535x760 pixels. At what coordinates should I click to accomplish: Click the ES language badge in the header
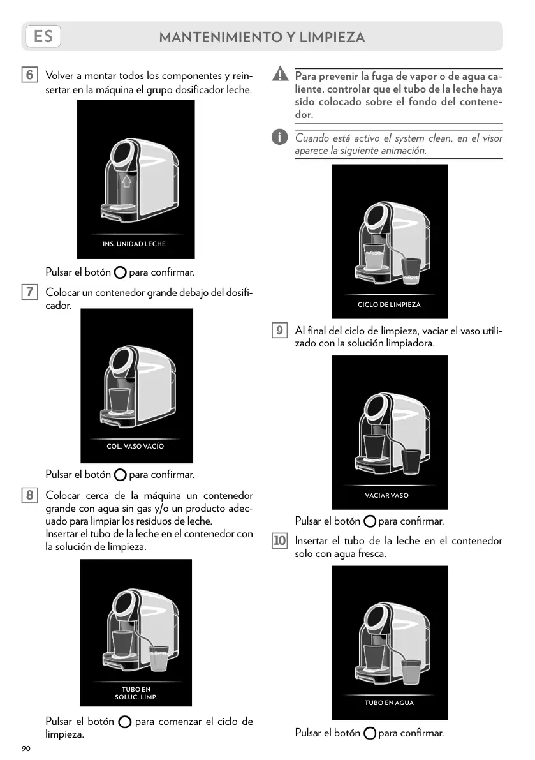(43, 36)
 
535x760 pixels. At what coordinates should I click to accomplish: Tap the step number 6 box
(29, 75)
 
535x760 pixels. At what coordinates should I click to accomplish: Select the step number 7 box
(29, 292)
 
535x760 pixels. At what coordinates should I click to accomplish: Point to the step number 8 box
(29, 495)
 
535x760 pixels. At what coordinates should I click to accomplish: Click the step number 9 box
(279, 331)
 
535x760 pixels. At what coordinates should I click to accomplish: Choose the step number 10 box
(279, 541)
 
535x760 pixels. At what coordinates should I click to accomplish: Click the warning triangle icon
(279, 75)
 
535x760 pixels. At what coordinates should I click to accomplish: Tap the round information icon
(279, 137)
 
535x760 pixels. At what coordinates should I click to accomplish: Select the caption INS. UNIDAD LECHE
(134, 244)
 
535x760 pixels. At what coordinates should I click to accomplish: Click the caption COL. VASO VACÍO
(135, 446)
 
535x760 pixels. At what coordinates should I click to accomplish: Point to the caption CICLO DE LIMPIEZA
(389, 304)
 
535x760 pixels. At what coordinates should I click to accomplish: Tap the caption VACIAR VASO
(387, 495)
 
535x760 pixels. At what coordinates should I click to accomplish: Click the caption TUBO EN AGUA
(389, 703)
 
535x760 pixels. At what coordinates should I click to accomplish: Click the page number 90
(26, 748)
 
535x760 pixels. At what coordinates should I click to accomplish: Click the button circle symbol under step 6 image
(120, 273)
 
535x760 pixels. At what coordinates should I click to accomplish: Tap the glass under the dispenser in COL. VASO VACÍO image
(119, 399)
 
